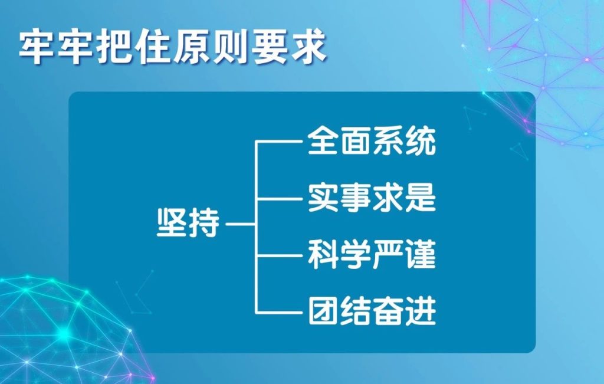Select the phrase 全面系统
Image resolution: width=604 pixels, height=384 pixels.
(372, 142)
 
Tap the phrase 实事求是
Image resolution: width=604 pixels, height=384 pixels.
(372, 198)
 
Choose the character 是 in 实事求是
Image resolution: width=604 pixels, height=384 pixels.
(421, 198)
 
